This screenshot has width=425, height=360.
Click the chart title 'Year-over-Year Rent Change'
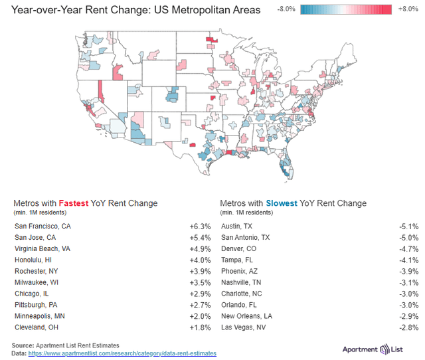(x=80, y=10)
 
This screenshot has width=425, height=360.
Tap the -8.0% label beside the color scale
(x=286, y=9)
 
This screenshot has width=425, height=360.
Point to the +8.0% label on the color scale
(x=408, y=9)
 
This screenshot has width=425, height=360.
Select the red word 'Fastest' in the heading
(x=74, y=203)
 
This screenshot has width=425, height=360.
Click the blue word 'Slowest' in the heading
(x=282, y=203)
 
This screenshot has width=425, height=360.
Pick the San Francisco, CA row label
(x=42, y=226)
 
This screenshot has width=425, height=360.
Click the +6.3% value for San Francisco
(x=200, y=226)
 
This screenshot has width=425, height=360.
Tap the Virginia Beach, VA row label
(x=42, y=248)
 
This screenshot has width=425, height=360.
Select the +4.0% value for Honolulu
(x=200, y=260)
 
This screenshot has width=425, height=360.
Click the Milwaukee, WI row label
(x=37, y=282)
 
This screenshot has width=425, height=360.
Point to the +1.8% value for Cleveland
(x=200, y=327)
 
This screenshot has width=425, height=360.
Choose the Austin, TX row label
(x=236, y=226)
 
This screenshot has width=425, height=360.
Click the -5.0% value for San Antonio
(x=409, y=238)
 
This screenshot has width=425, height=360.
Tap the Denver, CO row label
(x=239, y=248)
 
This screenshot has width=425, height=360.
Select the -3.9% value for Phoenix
(x=409, y=272)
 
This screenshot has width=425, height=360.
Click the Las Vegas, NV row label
(x=244, y=327)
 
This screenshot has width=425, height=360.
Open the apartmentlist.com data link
(x=122, y=353)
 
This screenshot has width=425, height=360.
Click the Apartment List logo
(x=373, y=349)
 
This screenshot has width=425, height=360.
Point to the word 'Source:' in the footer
(x=23, y=345)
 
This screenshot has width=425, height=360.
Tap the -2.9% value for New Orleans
(x=409, y=316)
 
